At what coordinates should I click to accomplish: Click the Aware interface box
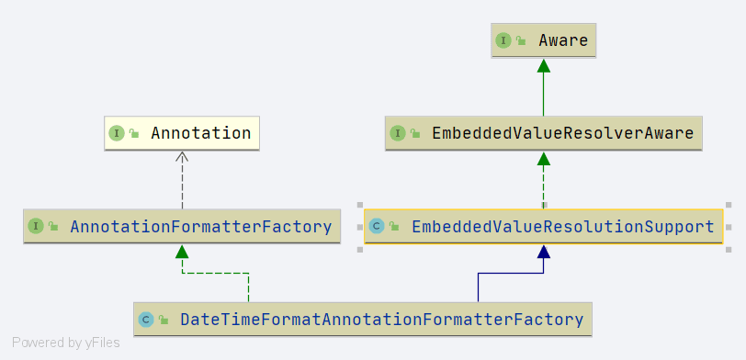(x=543, y=41)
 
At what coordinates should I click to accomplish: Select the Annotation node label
(x=201, y=133)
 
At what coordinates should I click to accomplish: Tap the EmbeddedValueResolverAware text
(x=563, y=133)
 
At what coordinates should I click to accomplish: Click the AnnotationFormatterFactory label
(x=201, y=227)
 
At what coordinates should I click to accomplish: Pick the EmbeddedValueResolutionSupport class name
(x=563, y=226)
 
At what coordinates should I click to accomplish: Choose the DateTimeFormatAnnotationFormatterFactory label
(x=381, y=320)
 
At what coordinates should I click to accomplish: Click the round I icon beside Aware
(x=503, y=41)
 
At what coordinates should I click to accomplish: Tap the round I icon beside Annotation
(x=117, y=134)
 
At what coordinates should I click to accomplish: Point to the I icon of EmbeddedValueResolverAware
(x=397, y=134)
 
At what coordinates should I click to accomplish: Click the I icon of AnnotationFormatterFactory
(x=36, y=227)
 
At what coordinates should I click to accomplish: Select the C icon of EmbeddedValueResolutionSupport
(x=377, y=226)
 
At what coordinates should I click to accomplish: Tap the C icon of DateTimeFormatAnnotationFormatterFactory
(x=146, y=320)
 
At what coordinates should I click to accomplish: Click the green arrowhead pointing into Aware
(x=543, y=65)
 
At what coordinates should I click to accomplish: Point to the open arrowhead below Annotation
(x=182, y=157)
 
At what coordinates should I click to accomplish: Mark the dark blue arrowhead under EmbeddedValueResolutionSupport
(x=543, y=252)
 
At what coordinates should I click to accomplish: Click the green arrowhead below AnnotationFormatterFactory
(x=182, y=252)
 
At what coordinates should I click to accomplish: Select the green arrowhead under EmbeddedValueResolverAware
(x=543, y=158)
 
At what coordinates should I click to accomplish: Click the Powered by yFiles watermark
(x=65, y=343)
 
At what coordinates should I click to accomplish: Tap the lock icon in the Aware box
(x=521, y=41)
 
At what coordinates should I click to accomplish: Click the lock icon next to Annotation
(x=134, y=134)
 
